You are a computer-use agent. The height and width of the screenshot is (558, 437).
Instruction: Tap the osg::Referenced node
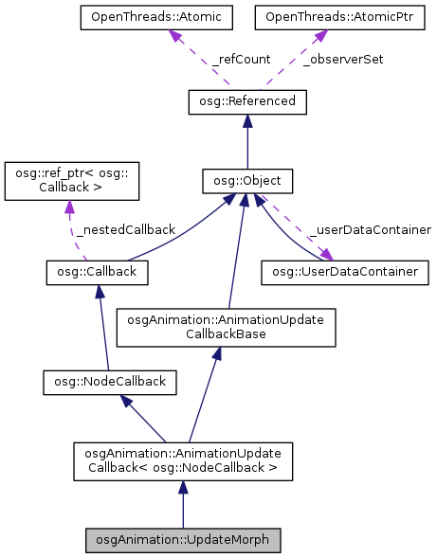coord(247,100)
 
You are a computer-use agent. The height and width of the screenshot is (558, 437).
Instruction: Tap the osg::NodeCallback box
coord(104,382)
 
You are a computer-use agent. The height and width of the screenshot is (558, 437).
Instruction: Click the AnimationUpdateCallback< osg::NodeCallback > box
coord(183,460)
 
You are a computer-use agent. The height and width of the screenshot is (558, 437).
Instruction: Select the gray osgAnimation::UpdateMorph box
coord(183,540)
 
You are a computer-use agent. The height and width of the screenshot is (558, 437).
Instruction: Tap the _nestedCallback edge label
coord(125,229)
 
